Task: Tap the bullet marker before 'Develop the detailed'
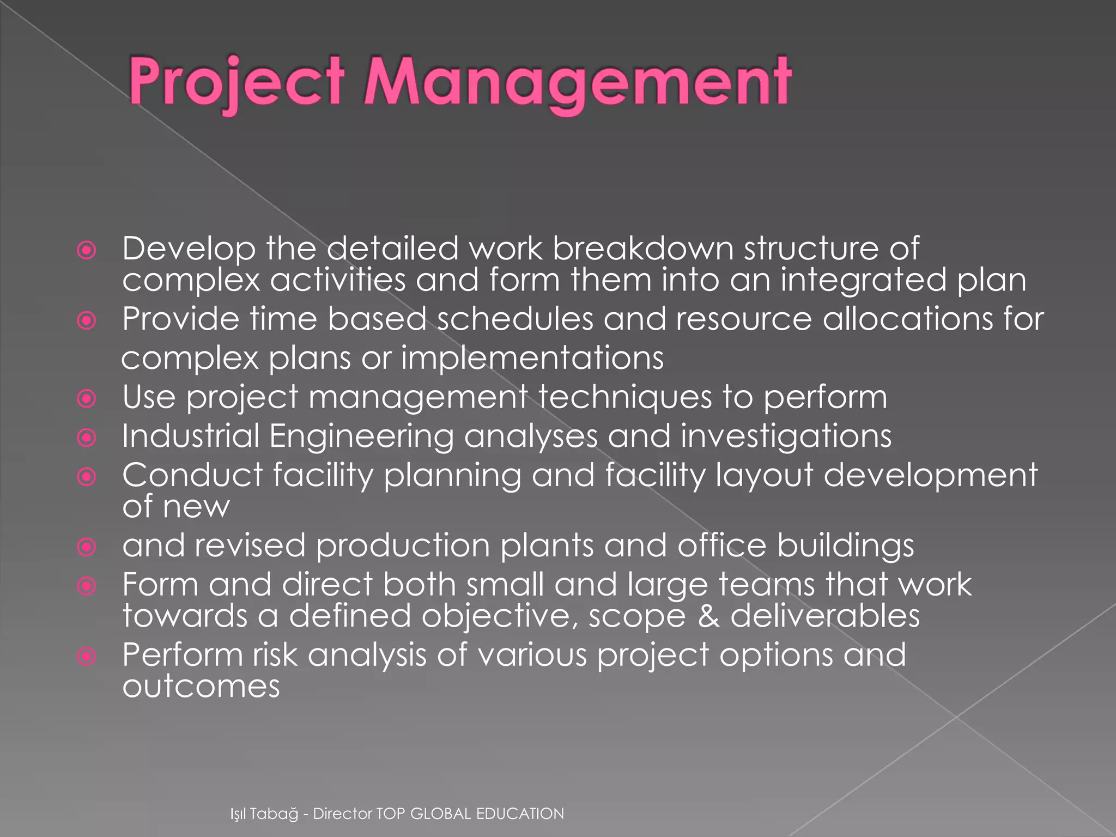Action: tap(87, 251)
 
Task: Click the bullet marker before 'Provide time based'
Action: tap(87, 320)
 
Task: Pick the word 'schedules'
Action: tap(514, 319)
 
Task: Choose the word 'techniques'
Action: tap(626, 397)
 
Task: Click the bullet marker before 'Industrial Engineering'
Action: tap(87, 438)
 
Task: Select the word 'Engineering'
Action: tap(361, 437)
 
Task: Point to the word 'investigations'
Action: tap(786, 437)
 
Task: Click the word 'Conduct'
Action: tap(193, 475)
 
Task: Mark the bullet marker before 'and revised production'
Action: tap(87, 547)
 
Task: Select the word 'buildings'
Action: tap(845, 546)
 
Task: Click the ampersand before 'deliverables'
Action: tap(708, 616)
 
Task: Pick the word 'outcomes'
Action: tap(201, 686)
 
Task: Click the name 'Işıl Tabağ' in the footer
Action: tap(264, 814)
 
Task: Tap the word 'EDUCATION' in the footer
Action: tap(520, 814)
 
